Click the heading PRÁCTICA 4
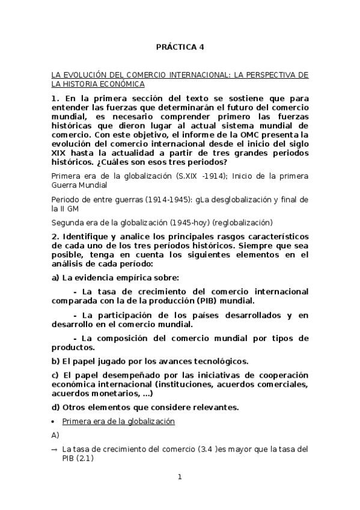180,46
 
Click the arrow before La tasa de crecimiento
55,449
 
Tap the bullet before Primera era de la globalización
54,422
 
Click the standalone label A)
56,435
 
